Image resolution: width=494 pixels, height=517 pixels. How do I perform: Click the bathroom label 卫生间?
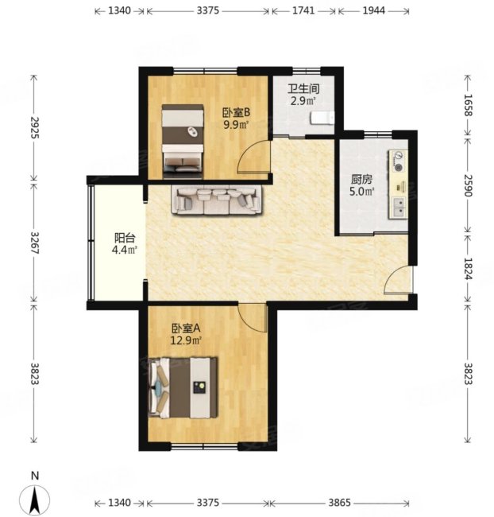pyautogui.click(x=303, y=88)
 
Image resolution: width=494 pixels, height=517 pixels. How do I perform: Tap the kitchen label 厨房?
pyautogui.click(x=361, y=180)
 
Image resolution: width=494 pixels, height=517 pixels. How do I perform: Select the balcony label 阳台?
pyautogui.click(x=125, y=238)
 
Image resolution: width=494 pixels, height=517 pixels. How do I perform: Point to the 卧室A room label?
pyautogui.click(x=186, y=328)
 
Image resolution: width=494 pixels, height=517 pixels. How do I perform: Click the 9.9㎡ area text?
pyautogui.click(x=236, y=125)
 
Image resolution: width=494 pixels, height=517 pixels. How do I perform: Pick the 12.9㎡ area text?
pyautogui.click(x=186, y=340)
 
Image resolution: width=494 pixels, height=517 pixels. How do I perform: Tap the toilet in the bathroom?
pyautogui.click(x=322, y=118)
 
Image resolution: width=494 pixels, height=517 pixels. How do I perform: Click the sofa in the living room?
pyautogui.click(x=217, y=200)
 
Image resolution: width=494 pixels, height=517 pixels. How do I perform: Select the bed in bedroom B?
pyautogui.click(x=183, y=142)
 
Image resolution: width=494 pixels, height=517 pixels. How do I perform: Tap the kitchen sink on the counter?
pyautogui.click(x=399, y=207)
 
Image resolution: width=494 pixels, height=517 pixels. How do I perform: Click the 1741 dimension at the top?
pyautogui.click(x=303, y=11)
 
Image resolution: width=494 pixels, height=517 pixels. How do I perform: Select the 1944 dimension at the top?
pyautogui.click(x=374, y=11)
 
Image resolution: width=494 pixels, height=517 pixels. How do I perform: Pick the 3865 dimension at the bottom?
pyautogui.click(x=340, y=503)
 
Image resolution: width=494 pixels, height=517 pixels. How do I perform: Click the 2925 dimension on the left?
pyautogui.click(x=34, y=127)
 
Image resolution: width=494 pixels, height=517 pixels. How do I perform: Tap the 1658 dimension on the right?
pyautogui.click(x=468, y=105)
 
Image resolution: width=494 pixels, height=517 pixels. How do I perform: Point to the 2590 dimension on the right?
pyautogui.click(x=468, y=185)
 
